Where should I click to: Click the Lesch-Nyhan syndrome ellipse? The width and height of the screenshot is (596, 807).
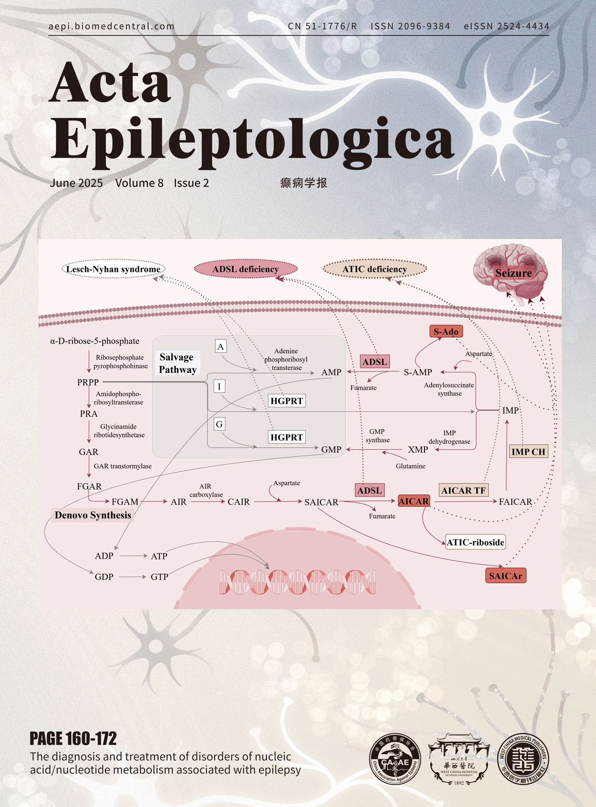(113, 269)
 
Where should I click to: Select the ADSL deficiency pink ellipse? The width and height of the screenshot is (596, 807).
(246, 269)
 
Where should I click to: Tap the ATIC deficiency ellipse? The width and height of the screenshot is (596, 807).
(375, 269)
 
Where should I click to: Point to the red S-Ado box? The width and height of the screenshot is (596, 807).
(446, 331)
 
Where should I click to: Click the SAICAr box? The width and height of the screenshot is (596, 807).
(505, 576)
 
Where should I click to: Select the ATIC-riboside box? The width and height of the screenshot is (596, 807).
(475, 542)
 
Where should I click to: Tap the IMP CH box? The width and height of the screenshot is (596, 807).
(528, 452)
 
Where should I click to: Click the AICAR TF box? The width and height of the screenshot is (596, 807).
(463, 490)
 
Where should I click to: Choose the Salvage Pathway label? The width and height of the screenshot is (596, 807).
(177, 363)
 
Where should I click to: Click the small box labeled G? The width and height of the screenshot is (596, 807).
(219, 424)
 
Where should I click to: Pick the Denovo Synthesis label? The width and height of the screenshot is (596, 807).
(93, 515)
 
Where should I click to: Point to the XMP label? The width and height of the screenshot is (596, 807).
(418, 450)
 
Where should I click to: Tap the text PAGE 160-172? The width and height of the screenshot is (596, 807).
(73, 738)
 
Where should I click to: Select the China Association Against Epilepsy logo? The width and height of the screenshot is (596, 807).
(395, 759)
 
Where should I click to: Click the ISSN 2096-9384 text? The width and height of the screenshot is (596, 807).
(410, 26)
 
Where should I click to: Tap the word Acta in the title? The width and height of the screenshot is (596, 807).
(111, 83)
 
